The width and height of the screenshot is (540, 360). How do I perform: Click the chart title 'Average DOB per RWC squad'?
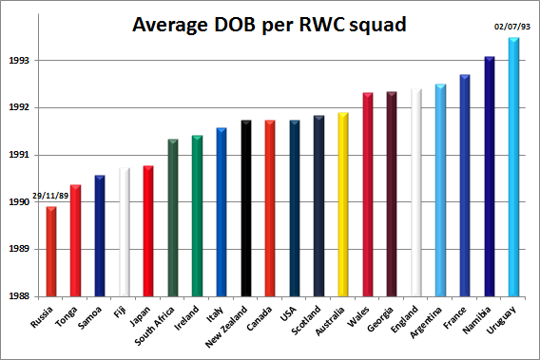(x=269, y=25)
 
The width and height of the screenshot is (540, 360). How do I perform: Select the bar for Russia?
(x=51, y=252)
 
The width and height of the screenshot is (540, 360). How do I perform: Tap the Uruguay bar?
(x=513, y=167)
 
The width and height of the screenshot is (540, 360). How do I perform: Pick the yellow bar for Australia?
(x=343, y=204)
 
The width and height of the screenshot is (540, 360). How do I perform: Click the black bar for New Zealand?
(x=246, y=208)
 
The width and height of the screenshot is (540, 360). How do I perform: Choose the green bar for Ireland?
(x=197, y=216)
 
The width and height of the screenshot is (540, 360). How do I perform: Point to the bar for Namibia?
(x=490, y=177)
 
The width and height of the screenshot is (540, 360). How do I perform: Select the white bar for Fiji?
(x=125, y=232)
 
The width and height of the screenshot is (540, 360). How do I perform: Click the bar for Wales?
(x=368, y=195)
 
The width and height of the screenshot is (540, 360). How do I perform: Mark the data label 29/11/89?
(x=50, y=196)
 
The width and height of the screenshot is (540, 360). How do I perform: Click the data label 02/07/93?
(x=512, y=27)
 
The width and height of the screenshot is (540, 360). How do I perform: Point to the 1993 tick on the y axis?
(x=19, y=61)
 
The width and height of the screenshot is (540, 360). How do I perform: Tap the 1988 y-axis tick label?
(x=19, y=296)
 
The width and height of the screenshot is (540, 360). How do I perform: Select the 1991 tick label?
(x=19, y=155)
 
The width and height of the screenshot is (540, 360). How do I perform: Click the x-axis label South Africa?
(x=155, y=326)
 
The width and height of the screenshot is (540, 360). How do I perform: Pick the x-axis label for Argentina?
(x=426, y=323)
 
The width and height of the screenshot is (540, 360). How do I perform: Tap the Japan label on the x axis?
(x=140, y=316)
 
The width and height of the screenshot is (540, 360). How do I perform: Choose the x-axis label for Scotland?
(x=306, y=320)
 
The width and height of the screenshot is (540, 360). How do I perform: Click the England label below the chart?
(x=405, y=319)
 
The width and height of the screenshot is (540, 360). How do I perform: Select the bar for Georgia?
(x=392, y=194)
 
